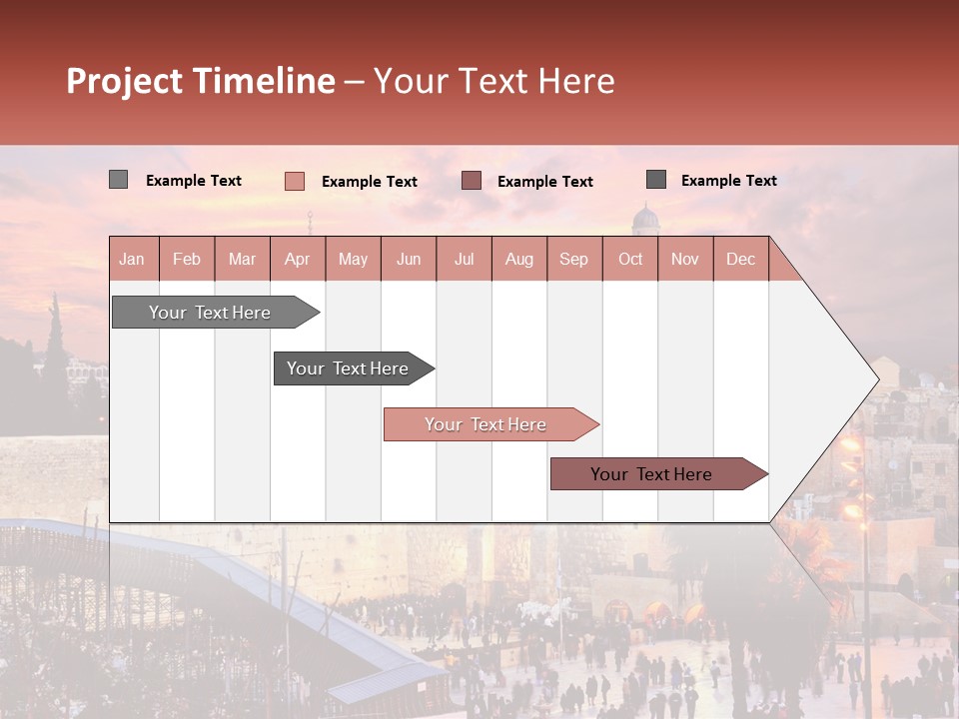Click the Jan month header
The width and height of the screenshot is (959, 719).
132,259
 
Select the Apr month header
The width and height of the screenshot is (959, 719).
297,259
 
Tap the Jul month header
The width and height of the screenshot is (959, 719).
464,259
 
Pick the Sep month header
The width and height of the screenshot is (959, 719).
573,259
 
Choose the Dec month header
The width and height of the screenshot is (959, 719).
740,259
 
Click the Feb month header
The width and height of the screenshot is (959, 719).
187,259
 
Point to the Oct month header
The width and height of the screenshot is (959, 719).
630,259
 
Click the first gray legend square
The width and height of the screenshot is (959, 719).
118,180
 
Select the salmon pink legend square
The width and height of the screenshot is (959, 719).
294,181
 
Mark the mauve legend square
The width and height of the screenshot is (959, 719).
472,181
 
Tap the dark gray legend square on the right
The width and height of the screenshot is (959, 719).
656,180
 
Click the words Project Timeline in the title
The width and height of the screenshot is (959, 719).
201,81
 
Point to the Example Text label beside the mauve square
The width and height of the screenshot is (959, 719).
544,182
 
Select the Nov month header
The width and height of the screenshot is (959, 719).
685,259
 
